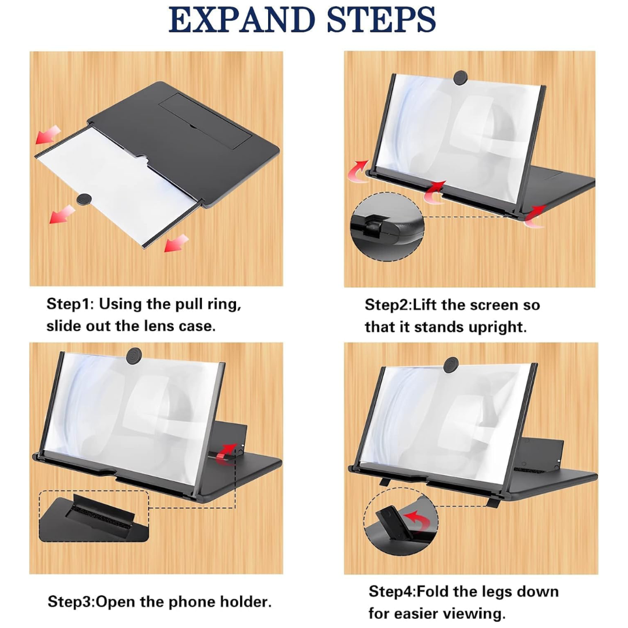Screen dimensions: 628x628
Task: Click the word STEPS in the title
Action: [381, 20]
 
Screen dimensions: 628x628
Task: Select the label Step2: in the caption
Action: [389, 305]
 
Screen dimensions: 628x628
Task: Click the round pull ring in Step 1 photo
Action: [85, 198]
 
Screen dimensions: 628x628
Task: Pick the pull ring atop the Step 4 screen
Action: [451, 365]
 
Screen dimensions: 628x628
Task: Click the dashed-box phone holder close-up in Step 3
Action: [94, 516]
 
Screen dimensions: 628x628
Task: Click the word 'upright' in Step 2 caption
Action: [499, 327]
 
